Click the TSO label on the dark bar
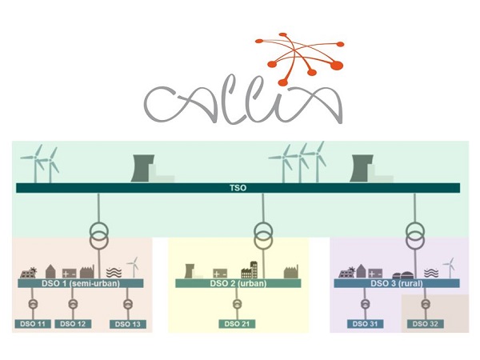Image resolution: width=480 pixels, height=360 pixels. pos(238,188)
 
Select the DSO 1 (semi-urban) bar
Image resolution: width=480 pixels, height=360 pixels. pos(79,283)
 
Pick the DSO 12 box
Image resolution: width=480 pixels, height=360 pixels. pos(73,323)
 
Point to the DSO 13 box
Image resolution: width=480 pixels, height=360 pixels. pos(127,324)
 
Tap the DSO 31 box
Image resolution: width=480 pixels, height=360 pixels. pos(366,324)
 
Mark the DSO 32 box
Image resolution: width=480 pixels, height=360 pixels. pos(425,324)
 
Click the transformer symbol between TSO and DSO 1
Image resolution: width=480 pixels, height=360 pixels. pos(97,234)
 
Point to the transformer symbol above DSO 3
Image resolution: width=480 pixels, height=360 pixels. pos(414,234)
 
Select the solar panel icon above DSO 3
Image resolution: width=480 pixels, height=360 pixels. pos(350,271)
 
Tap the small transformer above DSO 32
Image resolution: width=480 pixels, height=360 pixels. pos(425,304)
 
